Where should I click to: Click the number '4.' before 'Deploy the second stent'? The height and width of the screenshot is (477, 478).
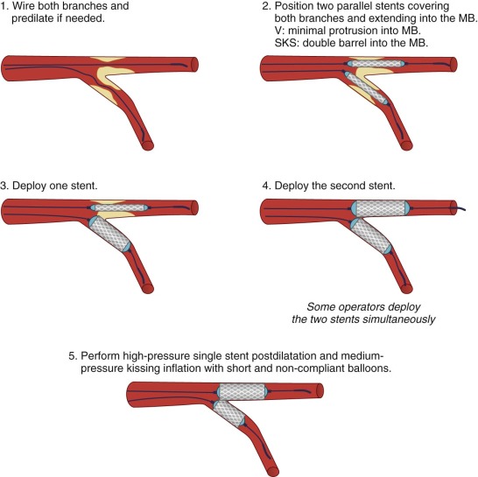pyautogui.click(x=267, y=186)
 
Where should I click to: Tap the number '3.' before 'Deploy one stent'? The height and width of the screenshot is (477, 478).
pyautogui.click(x=5, y=186)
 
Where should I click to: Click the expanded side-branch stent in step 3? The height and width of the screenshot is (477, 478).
pyautogui.click(x=110, y=234)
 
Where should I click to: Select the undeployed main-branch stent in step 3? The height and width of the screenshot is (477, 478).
pyautogui.click(x=119, y=208)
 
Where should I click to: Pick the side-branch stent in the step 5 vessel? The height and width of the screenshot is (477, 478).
pyautogui.click(x=229, y=414)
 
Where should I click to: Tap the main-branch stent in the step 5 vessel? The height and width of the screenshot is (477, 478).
pyautogui.click(x=243, y=391)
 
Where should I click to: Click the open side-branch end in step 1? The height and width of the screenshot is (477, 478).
pyautogui.click(x=149, y=146)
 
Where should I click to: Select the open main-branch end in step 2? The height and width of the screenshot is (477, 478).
pyautogui.click(x=453, y=65)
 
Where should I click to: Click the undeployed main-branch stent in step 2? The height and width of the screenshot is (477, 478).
pyautogui.click(x=376, y=64)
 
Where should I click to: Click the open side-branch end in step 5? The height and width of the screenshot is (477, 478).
pyautogui.click(x=273, y=472)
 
